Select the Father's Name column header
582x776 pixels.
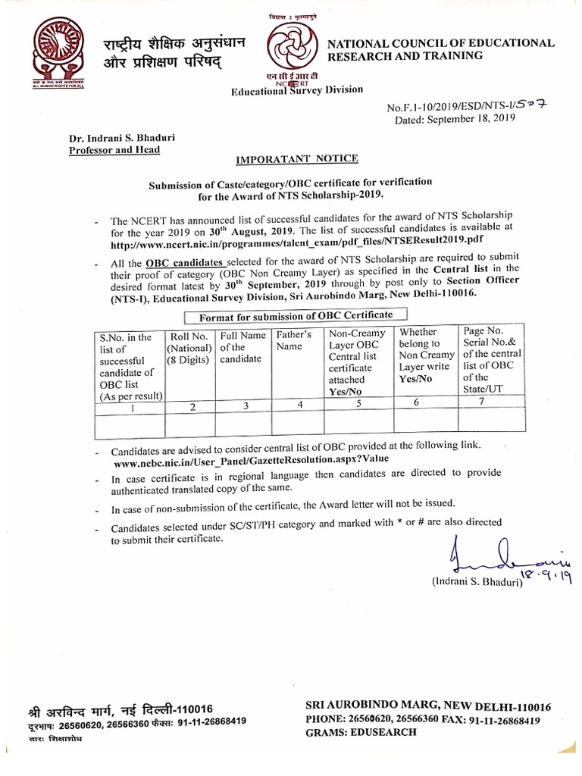[x=294, y=340]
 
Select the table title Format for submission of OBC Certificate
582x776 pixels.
[x=296, y=314]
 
